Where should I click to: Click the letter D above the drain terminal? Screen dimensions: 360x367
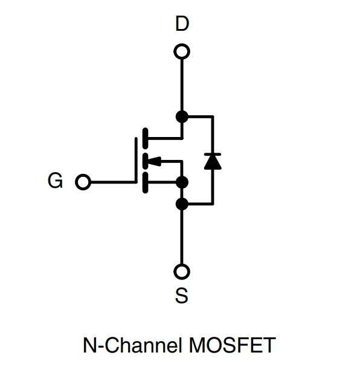[x=182, y=24]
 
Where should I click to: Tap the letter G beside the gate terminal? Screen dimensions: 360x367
[x=56, y=180]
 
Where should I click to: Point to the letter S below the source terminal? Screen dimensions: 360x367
[x=182, y=296]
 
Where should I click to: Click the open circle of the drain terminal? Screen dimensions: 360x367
[x=182, y=51]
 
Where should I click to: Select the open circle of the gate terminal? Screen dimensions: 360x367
[x=83, y=182]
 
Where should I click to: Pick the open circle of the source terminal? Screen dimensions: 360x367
[x=182, y=272]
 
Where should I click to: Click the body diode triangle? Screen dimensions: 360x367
[x=213, y=162]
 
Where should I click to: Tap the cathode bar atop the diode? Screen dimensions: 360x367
[x=213, y=155]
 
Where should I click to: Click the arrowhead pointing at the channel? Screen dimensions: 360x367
[x=155, y=161]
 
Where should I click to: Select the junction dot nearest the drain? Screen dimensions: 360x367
[x=182, y=116]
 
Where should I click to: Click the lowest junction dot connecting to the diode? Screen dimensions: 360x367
[x=182, y=204]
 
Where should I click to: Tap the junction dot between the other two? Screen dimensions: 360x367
[x=182, y=182]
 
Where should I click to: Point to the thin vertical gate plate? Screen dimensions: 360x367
[x=136, y=161]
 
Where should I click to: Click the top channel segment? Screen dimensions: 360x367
[x=145, y=138]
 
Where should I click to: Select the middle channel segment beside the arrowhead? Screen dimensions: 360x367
[x=145, y=161]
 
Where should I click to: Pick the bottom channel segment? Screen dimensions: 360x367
[x=145, y=182]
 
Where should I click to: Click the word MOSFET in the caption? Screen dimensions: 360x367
[x=232, y=345]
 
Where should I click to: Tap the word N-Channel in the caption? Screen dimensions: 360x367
[x=133, y=345]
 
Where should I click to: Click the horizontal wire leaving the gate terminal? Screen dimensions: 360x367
[x=113, y=182]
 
